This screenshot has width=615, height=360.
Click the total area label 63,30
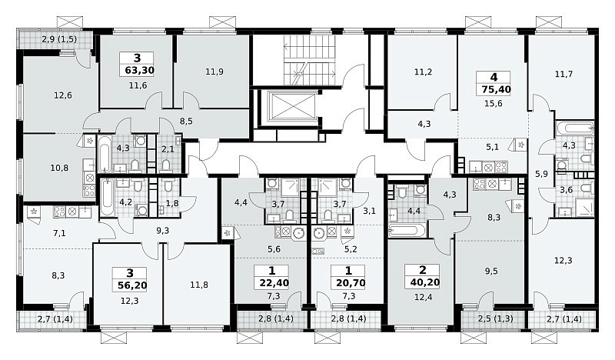click(139, 71)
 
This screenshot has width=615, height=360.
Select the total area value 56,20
click(132, 285)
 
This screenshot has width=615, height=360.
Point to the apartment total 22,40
click(274, 283)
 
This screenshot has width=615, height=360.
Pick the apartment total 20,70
click(351, 283)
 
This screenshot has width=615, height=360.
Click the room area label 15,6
click(494, 104)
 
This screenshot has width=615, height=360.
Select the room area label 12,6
click(63, 95)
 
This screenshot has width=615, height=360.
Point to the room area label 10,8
click(59, 168)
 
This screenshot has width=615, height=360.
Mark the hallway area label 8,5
click(186, 122)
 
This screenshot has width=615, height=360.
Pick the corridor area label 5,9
click(541, 174)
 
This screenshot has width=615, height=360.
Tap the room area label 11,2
click(423, 72)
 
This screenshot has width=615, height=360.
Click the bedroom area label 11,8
click(199, 285)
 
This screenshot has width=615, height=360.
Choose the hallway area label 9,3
click(162, 231)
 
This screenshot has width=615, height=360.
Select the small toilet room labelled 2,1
click(168, 154)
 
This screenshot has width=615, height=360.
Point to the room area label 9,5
click(491, 271)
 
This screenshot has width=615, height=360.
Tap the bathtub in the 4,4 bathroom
click(407, 231)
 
